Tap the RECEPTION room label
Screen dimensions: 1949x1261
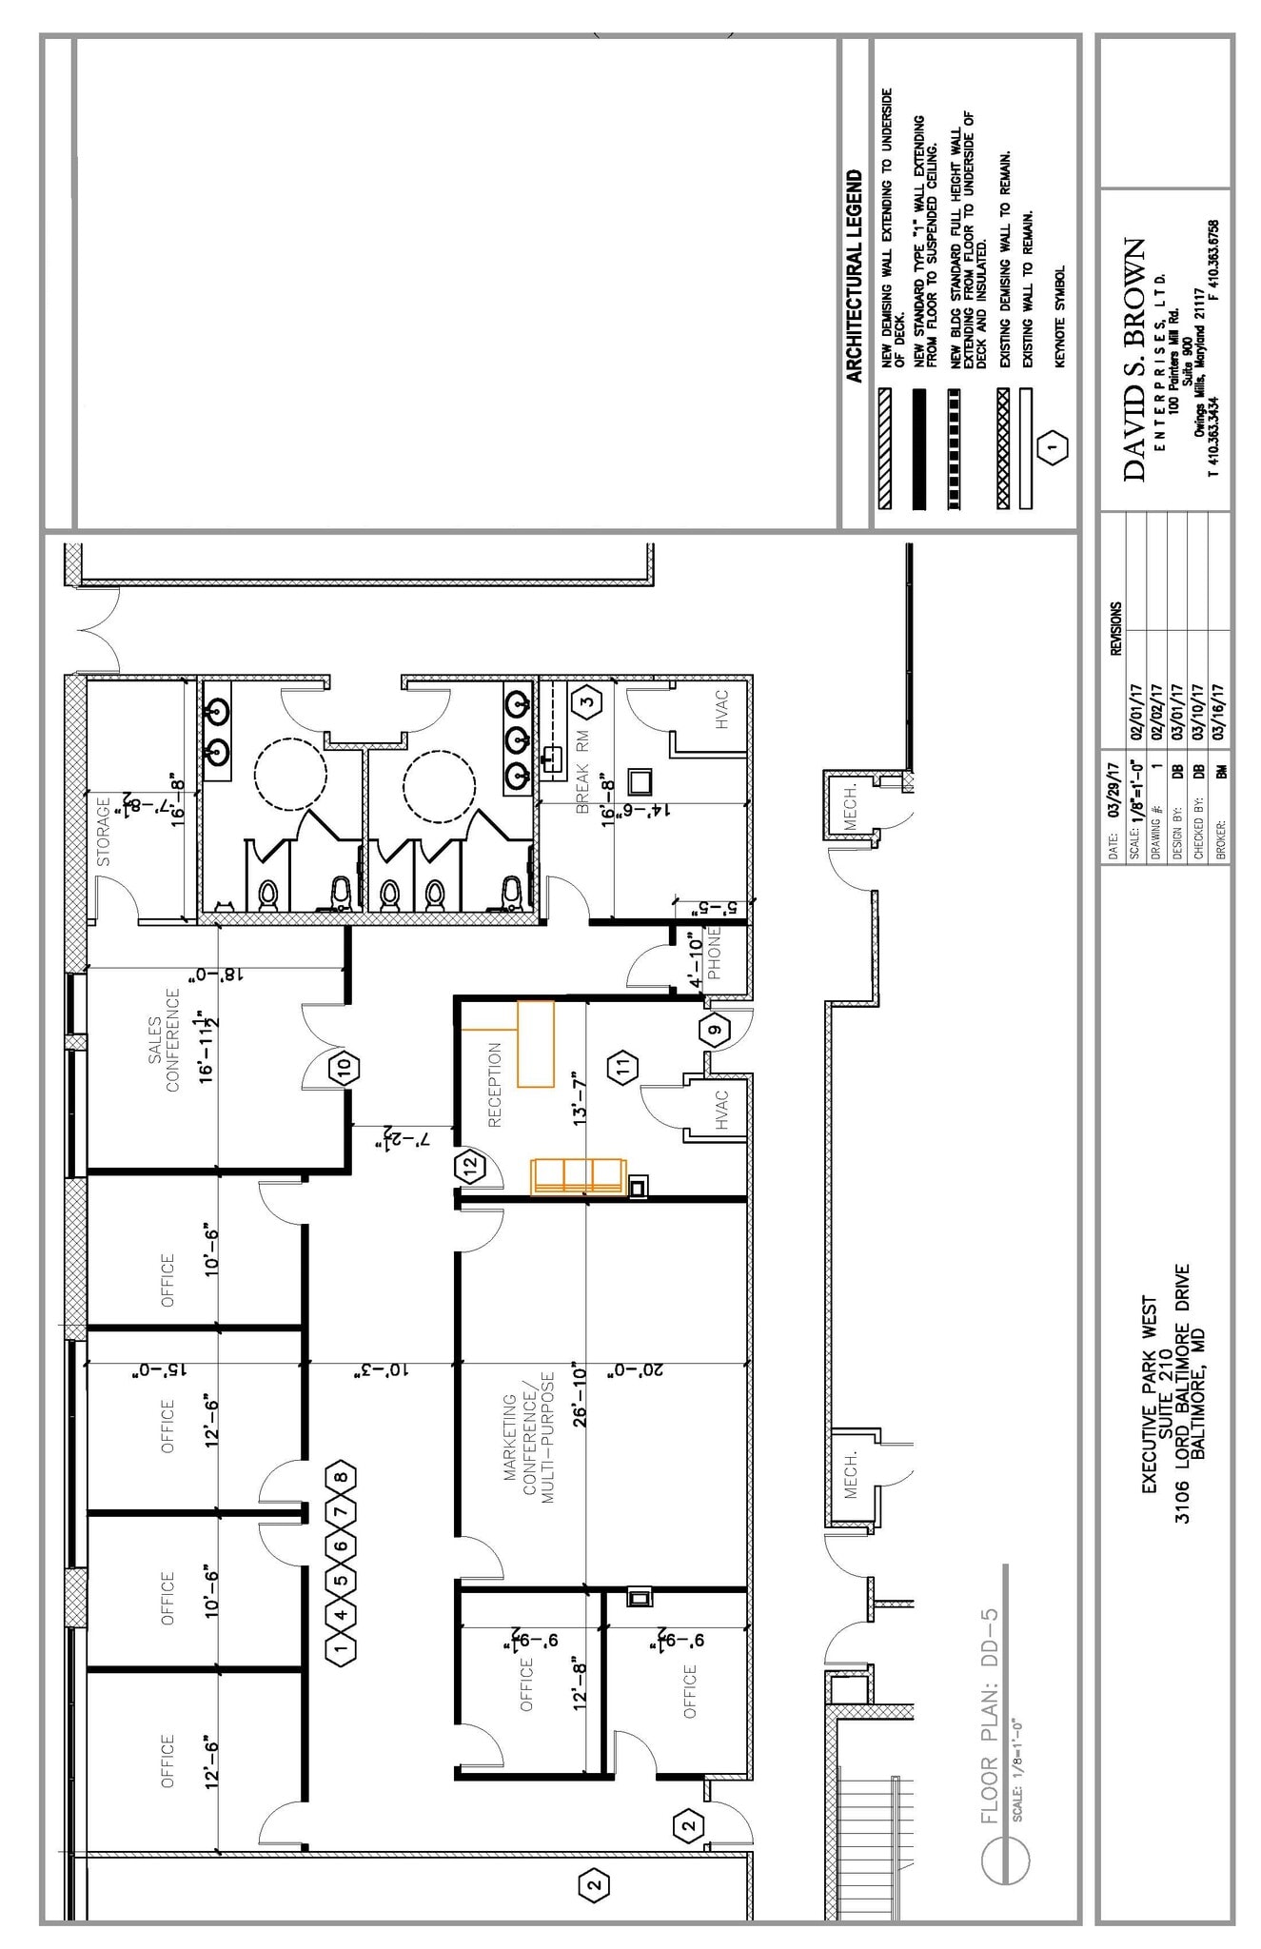(x=494, y=1085)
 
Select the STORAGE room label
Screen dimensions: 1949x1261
(x=103, y=831)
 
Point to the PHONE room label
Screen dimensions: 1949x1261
(x=714, y=953)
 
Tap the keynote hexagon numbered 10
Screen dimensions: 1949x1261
(x=345, y=1067)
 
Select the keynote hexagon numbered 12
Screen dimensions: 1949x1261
(x=469, y=1166)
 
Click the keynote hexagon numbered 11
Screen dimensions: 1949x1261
(x=623, y=1067)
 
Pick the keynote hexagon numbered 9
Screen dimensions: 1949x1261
(x=715, y=1029)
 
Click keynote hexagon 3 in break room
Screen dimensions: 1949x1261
(x=587, y=702)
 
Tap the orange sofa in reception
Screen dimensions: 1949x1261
(x=578, y=1175)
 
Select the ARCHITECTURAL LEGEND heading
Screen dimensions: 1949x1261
(x=854, y=276)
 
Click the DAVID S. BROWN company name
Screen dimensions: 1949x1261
(x=1133, y=359)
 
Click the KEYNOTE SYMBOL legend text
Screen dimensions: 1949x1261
(x=1060, y=316)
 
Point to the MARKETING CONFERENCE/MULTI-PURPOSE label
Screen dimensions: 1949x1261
(x=527, y=1436)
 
